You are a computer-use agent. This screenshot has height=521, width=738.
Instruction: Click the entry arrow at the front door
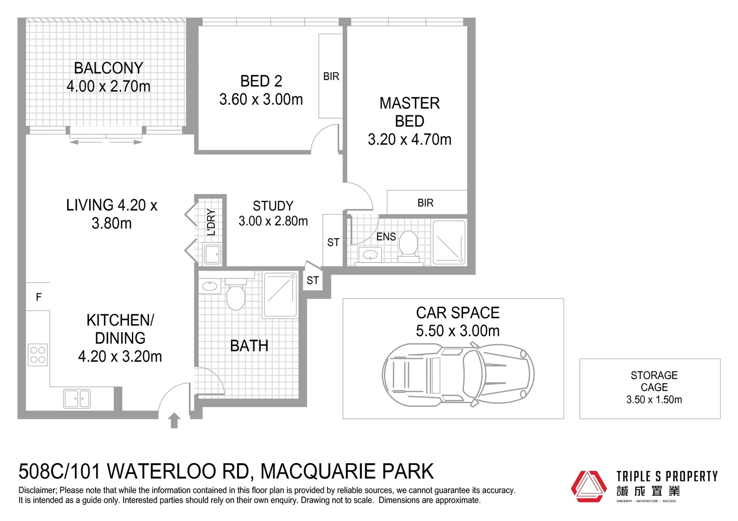[x=174, y=420]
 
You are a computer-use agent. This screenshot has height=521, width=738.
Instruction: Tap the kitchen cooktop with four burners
[x=38, y=355]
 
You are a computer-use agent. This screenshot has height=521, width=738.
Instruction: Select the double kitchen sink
[x=77, y=398]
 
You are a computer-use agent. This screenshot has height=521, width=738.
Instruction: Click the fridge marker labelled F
[x=39, y=297]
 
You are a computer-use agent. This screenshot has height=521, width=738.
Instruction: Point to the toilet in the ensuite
[x=408, y=245]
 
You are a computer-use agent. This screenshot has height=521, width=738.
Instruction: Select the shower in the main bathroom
[x=280, y=295]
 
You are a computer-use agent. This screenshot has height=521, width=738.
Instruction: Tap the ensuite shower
[x=449, y=243]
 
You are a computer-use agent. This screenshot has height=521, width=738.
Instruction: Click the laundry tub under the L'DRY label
[x=212, y=254]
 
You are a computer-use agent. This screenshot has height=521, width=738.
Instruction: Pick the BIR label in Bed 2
[x=331, y=76]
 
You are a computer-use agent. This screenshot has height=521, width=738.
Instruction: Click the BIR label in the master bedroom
[x=425, y=203]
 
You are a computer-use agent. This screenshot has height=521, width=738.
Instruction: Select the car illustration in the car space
[x=458, y=374]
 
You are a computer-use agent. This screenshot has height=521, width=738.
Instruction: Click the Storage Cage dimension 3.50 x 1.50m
[x=654, y=400]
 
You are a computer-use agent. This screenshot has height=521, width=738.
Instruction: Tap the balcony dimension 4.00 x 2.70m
[x=108, y=86]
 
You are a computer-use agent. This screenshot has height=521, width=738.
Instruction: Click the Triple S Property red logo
[x=588, y=486]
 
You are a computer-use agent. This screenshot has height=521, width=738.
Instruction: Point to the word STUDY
[x=273, y=206]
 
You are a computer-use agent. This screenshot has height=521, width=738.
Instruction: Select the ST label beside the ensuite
[x=333, y=242]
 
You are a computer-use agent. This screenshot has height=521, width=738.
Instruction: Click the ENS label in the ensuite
[x=386, y=236]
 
